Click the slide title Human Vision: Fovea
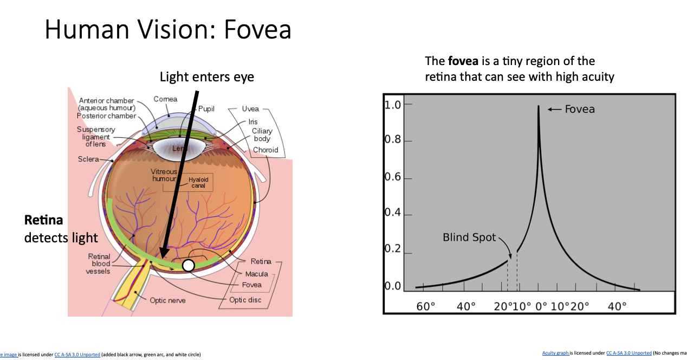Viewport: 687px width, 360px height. point(168,29)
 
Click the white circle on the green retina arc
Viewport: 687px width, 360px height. point(188,265)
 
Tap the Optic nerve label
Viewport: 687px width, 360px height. point(167,300)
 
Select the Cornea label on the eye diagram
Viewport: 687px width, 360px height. point(165,99)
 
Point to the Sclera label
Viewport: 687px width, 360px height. point(88,159)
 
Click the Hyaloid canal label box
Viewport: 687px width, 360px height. point(198,183)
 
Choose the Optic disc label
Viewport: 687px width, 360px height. point(245,300)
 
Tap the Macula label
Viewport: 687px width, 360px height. point(256,274)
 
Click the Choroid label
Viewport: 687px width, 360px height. point(265,150)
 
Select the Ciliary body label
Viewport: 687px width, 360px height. point(262,135)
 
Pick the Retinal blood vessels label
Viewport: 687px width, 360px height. point(99,263)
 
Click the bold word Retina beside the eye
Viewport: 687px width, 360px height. point(43,220)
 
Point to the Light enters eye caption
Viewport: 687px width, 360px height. point(206,77)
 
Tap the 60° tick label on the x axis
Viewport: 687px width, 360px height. point(425,306)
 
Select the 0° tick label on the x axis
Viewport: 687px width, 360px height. point(542,306)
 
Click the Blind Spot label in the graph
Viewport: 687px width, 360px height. point(469,237)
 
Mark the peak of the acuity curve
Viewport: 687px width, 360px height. point(538,107)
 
